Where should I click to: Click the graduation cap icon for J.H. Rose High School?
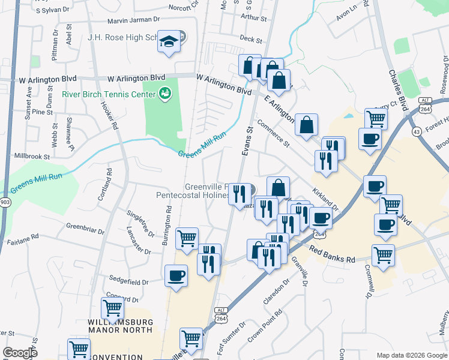click(x=169, y=41)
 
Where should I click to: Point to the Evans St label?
click(x=248, y=142)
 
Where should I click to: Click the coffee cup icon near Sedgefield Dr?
click(x=176, y=275)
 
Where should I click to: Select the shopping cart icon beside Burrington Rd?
click(x=187, y=238)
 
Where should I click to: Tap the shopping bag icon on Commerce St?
click(x=306, y=125)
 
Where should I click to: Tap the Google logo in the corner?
click(x=20, y=353)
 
